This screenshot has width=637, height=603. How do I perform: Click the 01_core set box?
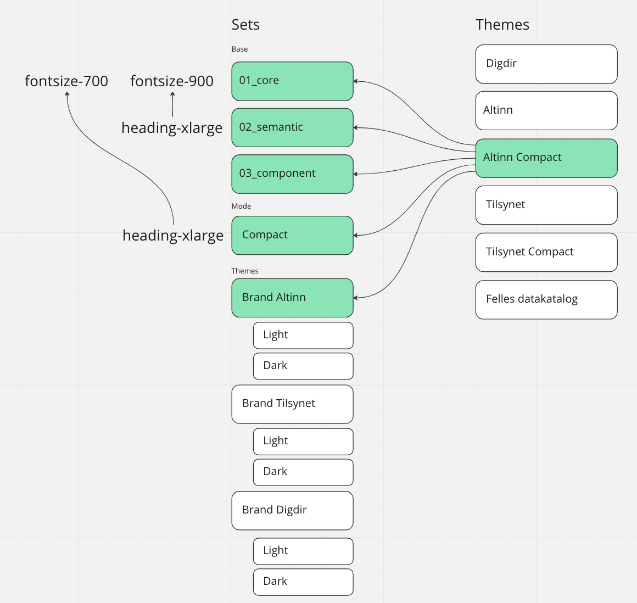tap(292, 81)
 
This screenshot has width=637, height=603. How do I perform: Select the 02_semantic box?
tap(292, 127)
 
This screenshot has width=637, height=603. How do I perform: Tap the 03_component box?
tap(292, 174)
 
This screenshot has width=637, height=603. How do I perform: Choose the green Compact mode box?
tap(292, 235)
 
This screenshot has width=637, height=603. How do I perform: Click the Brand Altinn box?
tap(292, 298)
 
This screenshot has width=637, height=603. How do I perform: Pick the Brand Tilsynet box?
tap(292, 404)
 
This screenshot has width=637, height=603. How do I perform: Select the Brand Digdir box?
tap(292, 510)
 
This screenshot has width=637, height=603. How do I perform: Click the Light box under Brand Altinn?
tap(303, 336)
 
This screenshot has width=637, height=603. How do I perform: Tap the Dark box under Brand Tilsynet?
tap(303, 472)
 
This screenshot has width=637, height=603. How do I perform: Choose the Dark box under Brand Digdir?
tap(303, 582)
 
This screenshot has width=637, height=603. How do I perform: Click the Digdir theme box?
tap(546, 64)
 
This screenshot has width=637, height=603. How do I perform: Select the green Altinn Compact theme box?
tap(546, 158)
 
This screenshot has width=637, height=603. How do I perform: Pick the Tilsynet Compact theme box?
tap(546, 252)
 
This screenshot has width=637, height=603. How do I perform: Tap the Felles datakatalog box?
tap(546, 300)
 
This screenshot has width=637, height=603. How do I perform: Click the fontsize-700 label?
tap(66, 81)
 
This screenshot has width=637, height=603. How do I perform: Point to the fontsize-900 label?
tap(172, 81)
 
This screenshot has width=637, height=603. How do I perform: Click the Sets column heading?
tap(245, 25)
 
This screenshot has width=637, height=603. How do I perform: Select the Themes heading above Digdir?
tap(502, 25)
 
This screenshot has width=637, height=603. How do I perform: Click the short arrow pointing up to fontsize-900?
tap(172, 104)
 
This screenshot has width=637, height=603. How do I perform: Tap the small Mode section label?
tap(241, 206)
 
